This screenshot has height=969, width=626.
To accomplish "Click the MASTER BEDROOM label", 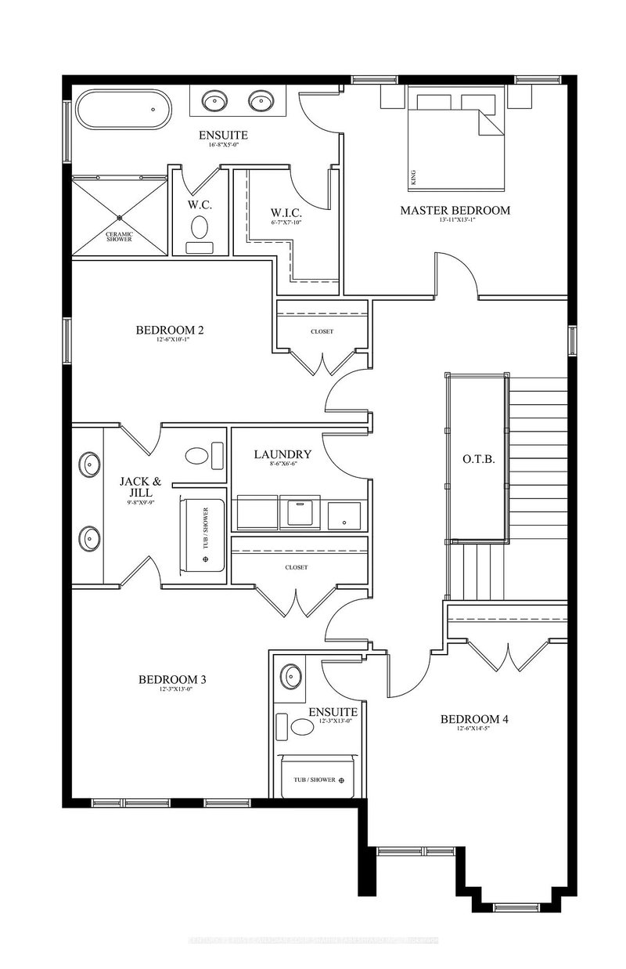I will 455,210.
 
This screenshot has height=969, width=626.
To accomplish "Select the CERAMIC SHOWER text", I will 119,235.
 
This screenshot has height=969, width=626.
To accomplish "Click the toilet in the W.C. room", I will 199,228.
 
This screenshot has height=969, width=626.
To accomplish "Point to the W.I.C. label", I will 285,212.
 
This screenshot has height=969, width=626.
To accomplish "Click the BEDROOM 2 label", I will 169,330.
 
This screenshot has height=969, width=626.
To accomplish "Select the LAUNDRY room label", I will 282,454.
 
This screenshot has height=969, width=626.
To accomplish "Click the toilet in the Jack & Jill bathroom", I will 199,456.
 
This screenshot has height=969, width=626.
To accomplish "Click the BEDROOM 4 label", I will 474,719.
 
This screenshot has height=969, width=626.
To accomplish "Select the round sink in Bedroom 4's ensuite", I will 292,675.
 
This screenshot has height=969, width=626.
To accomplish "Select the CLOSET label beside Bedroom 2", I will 321,331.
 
